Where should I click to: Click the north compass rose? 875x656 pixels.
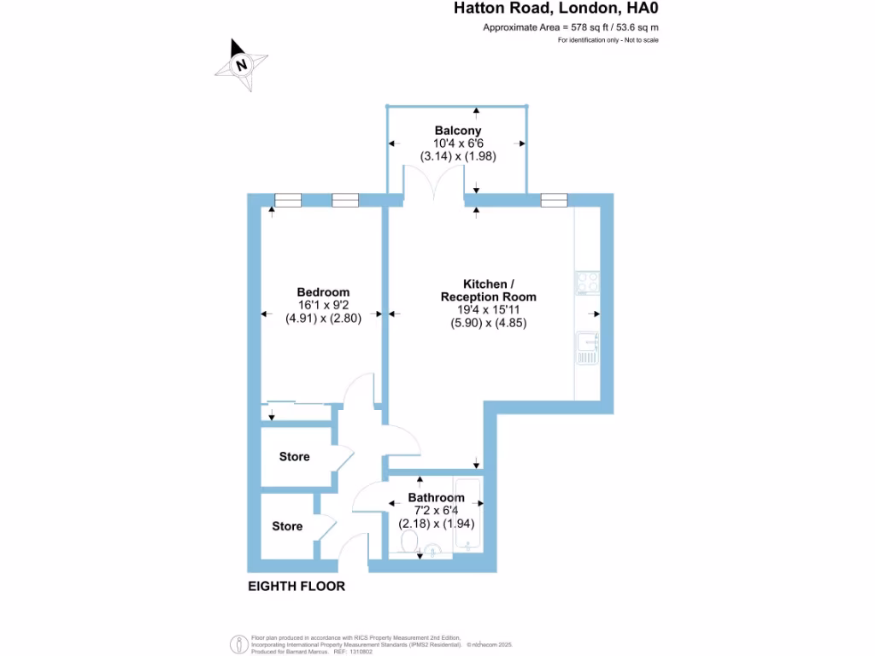[243, 64]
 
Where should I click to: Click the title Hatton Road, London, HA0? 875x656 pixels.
[555, 9]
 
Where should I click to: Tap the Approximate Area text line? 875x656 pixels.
[571, 28]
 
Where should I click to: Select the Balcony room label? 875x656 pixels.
[458, 131]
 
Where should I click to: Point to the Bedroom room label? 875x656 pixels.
[317, 292]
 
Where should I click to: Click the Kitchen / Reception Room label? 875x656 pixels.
[488, 290]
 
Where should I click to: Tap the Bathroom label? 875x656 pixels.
[436, 498]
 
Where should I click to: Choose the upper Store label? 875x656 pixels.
[294, 457]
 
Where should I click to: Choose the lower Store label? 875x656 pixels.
[287, 526]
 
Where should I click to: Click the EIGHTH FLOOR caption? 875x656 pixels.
[297, 587]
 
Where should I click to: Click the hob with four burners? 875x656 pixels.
[588, 283]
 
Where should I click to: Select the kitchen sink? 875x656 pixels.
[588, 348]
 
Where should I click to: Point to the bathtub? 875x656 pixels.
[469, 515]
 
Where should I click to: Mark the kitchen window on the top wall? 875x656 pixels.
[554, 201]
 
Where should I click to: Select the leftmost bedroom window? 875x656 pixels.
[287, 201]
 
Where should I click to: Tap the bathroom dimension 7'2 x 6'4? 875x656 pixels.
[436, 511]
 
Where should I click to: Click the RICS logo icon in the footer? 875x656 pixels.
[238, 642]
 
